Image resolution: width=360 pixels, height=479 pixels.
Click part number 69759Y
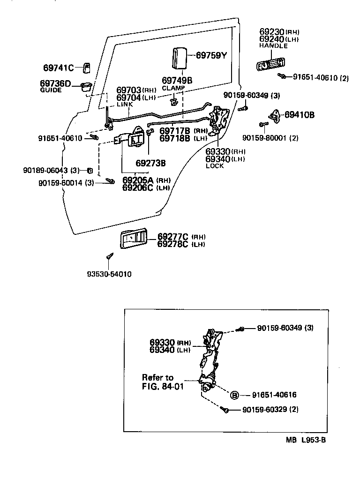[x=211, y=55]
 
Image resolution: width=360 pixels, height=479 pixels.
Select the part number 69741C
[x=59, y=67]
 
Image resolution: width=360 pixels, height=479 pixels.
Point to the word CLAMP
[x=173, y=88]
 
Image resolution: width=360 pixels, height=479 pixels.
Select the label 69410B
[x=300, y=114]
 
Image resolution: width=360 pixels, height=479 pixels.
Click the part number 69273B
[x=150, y=163]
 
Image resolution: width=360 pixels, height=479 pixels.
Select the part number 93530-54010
[x=109, y=274]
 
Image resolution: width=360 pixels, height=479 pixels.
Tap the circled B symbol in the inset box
[x=234, y=395]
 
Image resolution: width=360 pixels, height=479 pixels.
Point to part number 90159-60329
[x=264, y=410]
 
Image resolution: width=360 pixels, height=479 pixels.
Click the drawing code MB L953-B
[x=306, y=441]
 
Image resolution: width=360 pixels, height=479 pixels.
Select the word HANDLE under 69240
[x=272, y=46]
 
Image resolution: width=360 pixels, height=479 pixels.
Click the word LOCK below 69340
[x=215, y=166]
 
